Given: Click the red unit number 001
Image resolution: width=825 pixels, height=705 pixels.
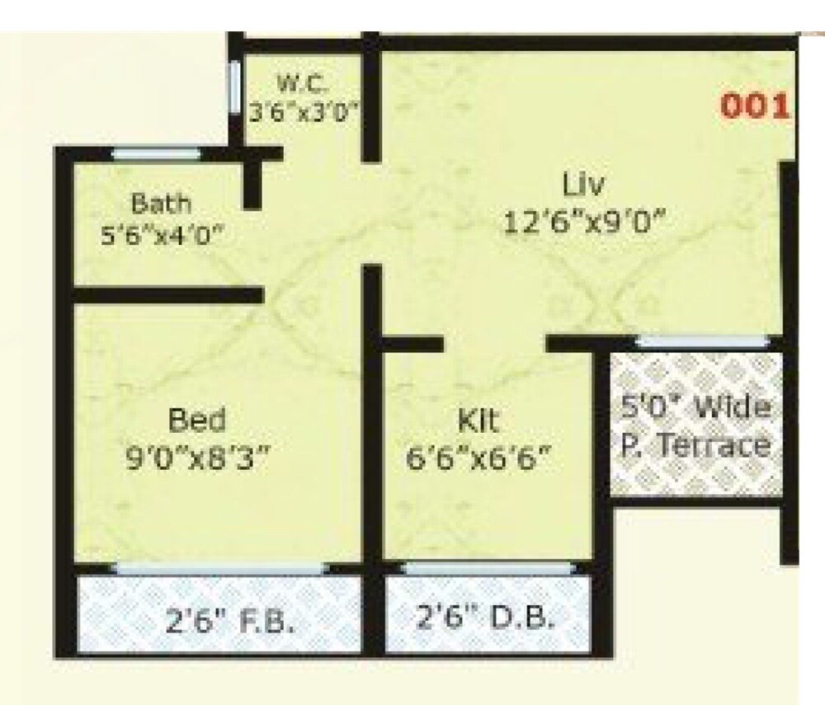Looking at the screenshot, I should (x=756, y=107).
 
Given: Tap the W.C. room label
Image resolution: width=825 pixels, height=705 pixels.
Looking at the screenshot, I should (x=302, y=83).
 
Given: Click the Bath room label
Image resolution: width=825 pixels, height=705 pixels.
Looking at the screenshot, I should (x=162, y=203).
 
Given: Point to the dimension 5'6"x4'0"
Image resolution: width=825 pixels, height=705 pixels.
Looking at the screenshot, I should (x=163, y=236).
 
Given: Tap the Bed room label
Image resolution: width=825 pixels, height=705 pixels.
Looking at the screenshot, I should (x=196, y=420).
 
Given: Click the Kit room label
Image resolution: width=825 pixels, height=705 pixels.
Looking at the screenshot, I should (x=478, y=421).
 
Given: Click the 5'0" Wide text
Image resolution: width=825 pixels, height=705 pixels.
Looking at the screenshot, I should (x=696, y=407).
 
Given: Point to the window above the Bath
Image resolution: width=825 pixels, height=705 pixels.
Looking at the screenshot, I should (x=156, y=153).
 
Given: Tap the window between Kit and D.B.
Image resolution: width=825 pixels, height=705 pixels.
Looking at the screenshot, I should (x=488, y=567).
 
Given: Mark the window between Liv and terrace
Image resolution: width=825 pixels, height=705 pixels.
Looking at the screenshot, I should (x=704, y=341).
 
